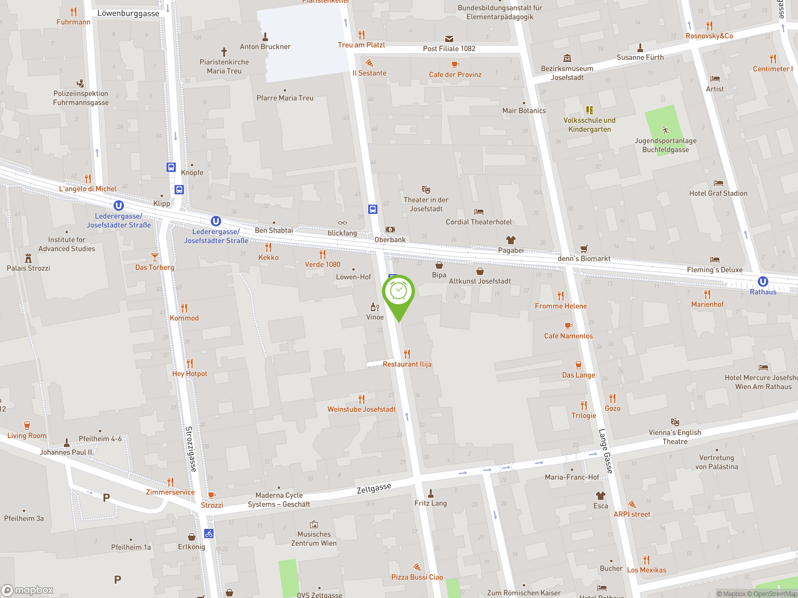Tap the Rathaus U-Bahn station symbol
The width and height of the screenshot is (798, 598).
[763, 282]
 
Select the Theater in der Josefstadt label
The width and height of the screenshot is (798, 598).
[426, 204]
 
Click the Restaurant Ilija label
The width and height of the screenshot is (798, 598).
[407, 364]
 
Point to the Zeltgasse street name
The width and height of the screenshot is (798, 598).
[374, 488]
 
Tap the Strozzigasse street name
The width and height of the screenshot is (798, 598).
[191, 449]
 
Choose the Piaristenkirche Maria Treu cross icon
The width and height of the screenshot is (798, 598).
[224, 52]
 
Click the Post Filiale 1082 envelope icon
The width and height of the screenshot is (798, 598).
[449, 39]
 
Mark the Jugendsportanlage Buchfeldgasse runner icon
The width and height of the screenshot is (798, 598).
[665, 130]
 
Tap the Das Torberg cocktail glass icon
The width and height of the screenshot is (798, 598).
[155, 257]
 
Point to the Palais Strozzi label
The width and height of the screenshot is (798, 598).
[28, 268]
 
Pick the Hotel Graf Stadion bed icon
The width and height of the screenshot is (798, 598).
[718, 183]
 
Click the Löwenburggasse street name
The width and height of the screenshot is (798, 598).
[128, 14]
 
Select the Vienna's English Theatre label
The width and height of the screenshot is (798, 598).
[675, 437]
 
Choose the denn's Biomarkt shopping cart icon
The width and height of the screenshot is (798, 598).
[584, 249]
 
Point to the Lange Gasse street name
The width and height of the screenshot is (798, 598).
[605, 451]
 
